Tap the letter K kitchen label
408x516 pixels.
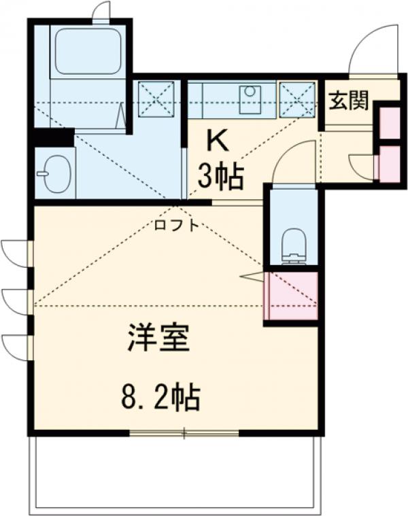tap(217, 141)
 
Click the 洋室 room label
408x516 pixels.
tap(158, 339)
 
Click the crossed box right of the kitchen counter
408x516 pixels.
tap(296, 98)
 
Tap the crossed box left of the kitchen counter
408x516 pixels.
tap(156, 98)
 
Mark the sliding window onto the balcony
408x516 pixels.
tap(184, 433)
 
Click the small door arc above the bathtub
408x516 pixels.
tap(100, 12)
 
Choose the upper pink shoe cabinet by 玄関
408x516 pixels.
tap(390, 122)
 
